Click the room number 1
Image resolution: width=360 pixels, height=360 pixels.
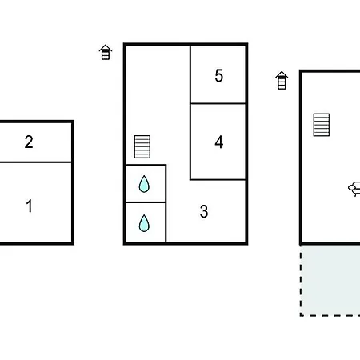coord(29,206)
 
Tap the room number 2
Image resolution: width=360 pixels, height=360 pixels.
coord(29,142)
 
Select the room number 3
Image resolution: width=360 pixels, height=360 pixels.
coord(204,211)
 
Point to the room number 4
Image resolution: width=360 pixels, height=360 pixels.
coord(219,142)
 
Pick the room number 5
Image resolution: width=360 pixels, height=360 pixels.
coord(219,75)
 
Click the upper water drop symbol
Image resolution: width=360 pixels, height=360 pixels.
coord(144,184)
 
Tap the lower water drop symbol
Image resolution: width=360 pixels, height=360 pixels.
coord(144,223)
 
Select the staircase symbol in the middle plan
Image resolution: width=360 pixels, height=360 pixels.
coord(142,146)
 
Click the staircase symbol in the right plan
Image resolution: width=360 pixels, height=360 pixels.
coord(322,125)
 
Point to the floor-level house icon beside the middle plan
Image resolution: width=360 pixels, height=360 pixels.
coord(106,52)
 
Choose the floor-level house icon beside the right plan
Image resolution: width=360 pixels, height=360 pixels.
coord(282,80)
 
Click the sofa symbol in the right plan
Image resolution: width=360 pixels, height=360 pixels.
coord(354,189)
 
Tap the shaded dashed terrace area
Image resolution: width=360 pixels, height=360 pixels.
coord(330,280)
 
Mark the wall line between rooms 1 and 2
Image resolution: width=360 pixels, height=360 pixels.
coord(35,162)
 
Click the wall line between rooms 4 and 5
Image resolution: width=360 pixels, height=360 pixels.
coord(218,103)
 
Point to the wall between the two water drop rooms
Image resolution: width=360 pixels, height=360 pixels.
coord(146,202)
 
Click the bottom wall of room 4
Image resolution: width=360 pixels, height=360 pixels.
coord(218,180)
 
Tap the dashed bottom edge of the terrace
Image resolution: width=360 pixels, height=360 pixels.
coord(330,315)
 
